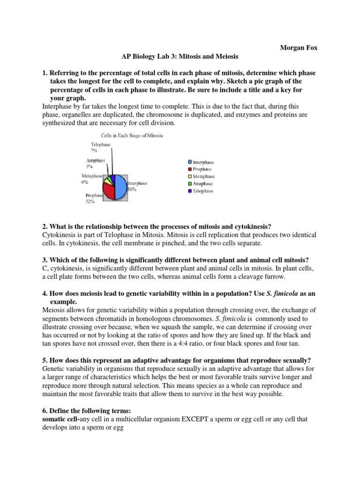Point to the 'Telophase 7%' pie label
coord(100,148)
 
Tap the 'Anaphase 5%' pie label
coord(95,163)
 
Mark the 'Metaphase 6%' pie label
coord(91,179)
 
